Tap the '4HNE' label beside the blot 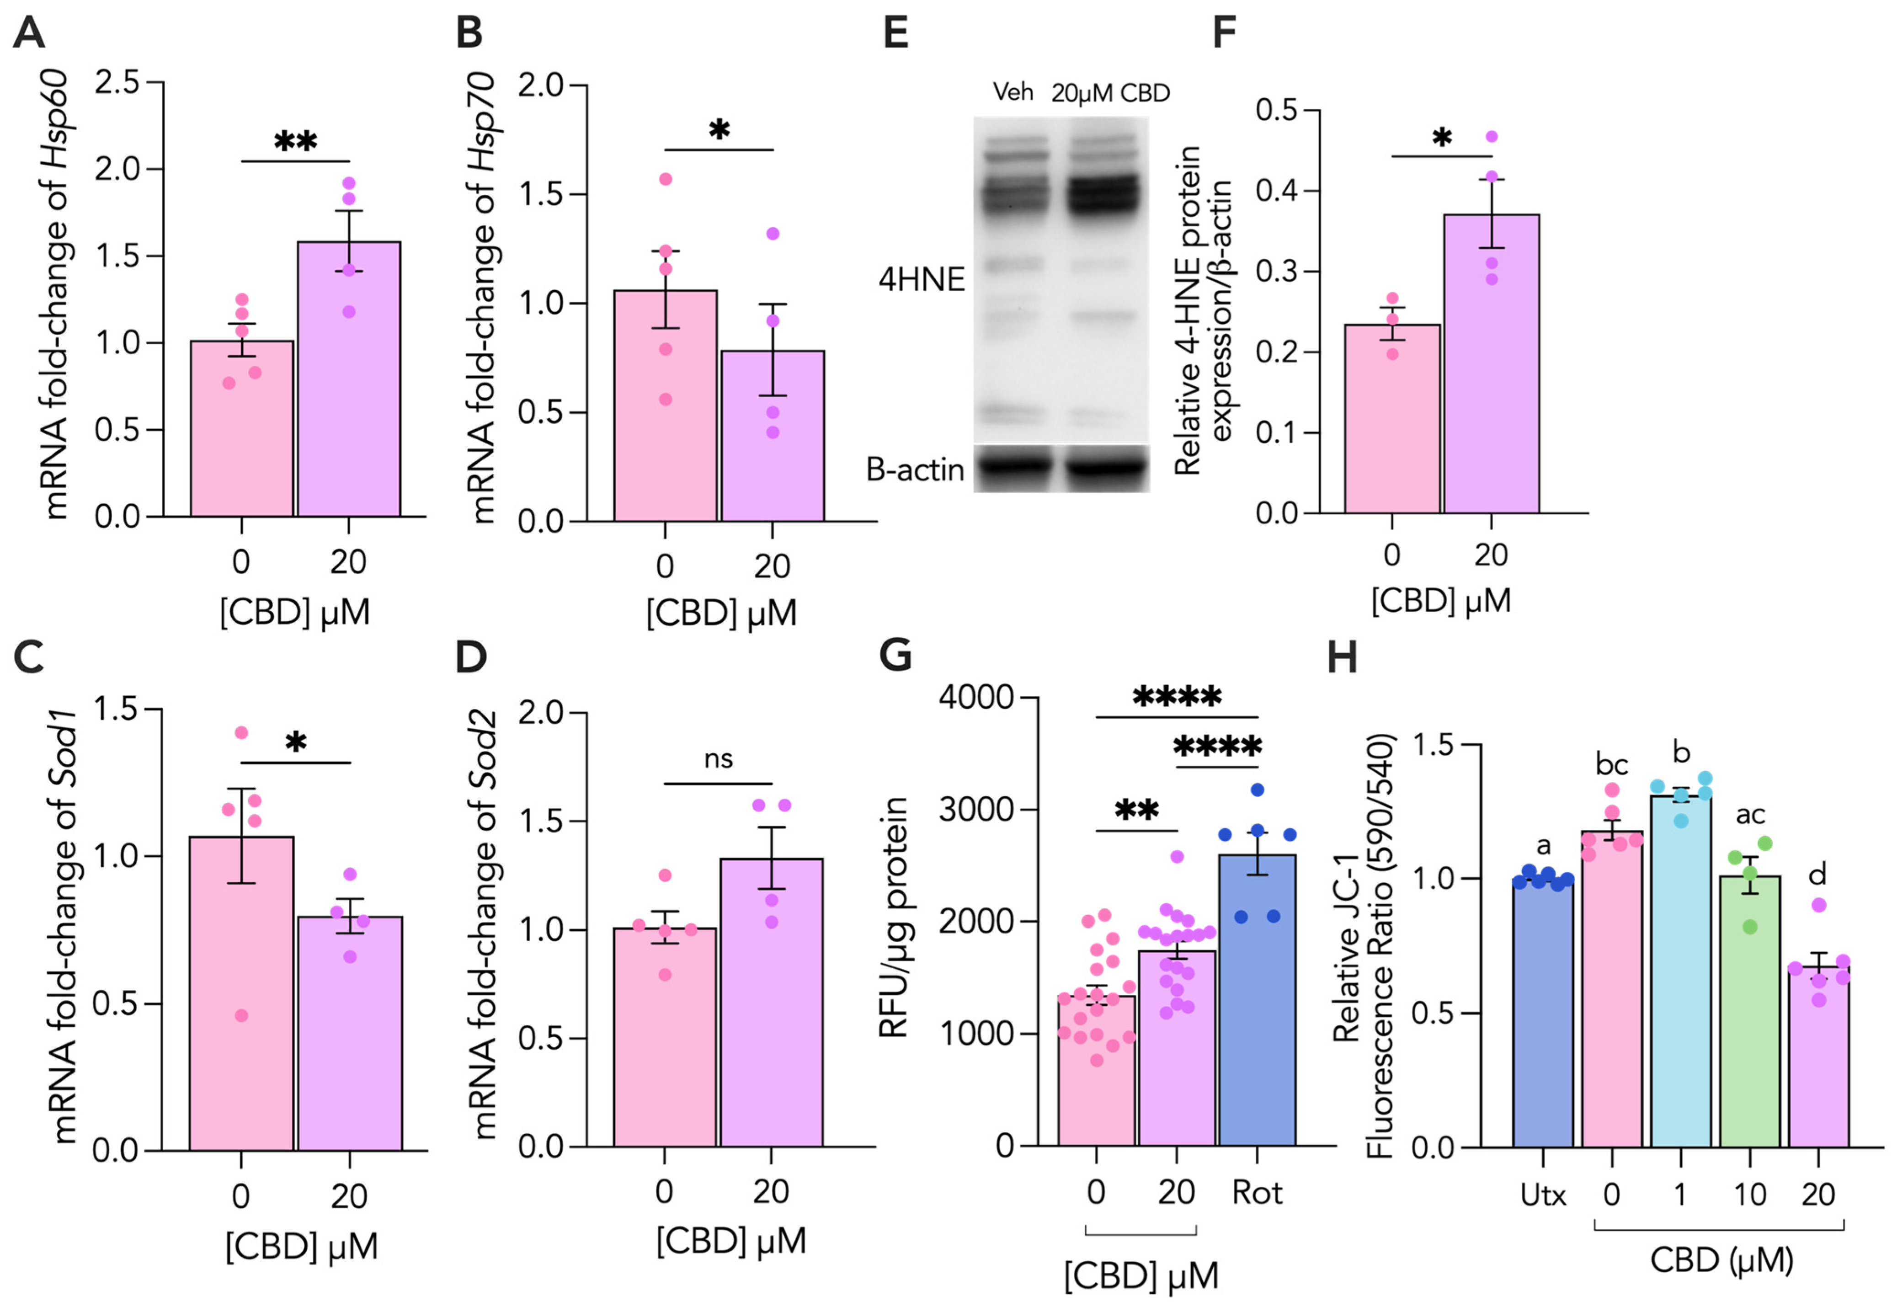pos(921,280)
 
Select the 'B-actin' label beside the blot pos(915,470)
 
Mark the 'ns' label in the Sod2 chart pos(718,759)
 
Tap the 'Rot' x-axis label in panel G pos(1257,1193)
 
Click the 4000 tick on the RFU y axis pos(976,698)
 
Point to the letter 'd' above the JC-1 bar pos(1817,875)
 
